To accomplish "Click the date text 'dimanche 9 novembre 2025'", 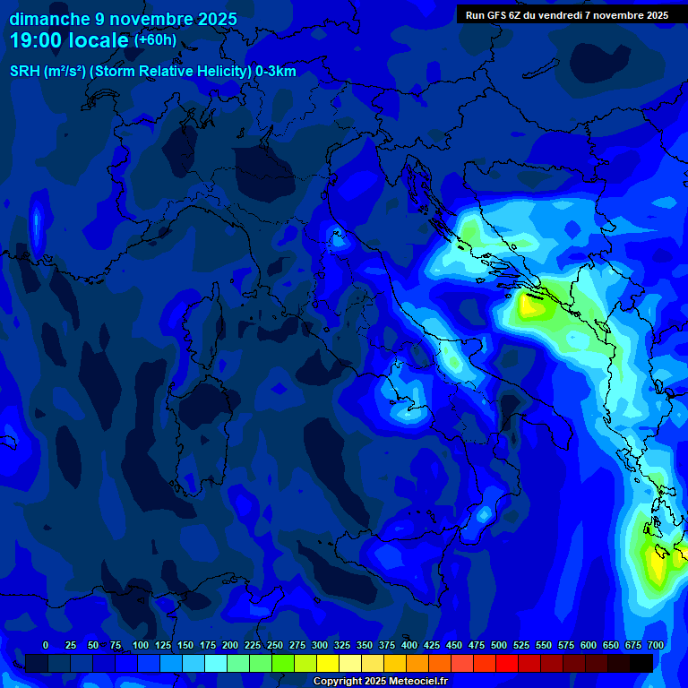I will (123, 19).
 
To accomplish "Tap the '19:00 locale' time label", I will (69, 40).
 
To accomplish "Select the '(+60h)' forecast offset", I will (155, 40).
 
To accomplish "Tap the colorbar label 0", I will (45, 646).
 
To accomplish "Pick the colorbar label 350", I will (365, 646).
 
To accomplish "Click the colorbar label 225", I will (253, 646).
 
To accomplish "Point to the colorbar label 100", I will (141, 646).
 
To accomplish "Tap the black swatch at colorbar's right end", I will (641, 663).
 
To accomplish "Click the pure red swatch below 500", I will (507, 663).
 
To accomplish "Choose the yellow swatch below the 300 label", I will (328, 663).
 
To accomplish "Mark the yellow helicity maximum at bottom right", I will (657, 564).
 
